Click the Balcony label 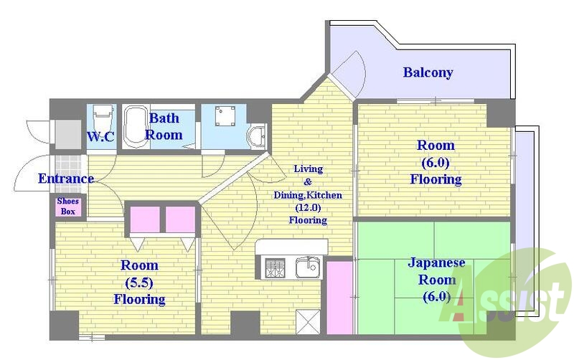428,72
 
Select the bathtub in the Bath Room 136,127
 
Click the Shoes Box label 68,206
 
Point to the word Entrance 66,179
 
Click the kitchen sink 308,267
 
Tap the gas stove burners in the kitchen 275,267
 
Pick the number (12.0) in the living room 308,208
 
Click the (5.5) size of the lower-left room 139,282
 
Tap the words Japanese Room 436,271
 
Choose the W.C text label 100,136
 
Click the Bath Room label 164,126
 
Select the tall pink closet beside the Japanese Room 339,297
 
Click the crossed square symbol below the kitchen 308,321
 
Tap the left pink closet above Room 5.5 145,219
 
